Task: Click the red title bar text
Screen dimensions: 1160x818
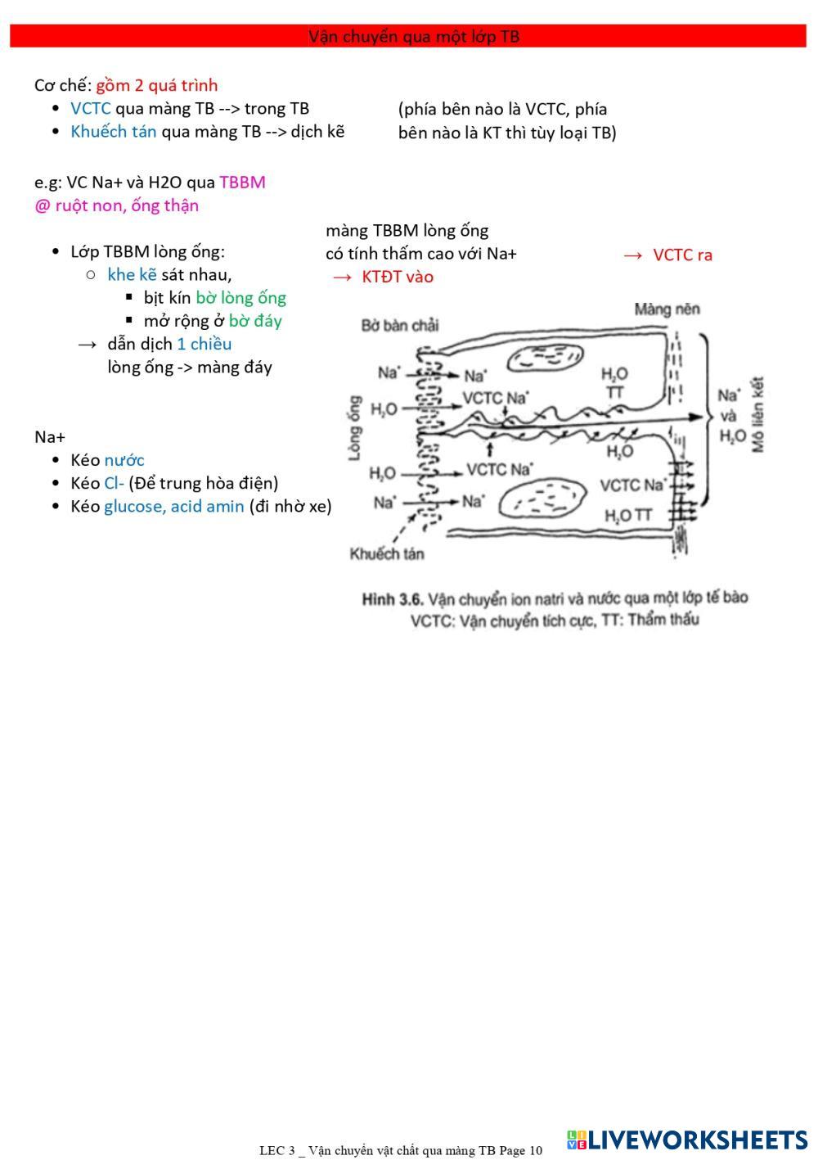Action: click(x=414, y=37)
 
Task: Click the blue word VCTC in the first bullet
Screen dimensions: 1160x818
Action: click(x=90, y=108)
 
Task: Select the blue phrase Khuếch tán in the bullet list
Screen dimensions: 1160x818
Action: click(x=113, y=131)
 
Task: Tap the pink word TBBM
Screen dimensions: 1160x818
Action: click(x=242, y=182)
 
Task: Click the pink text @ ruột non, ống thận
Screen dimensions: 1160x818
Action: click(x=116, y=205)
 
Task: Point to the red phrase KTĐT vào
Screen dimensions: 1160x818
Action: click(x=398, y=277)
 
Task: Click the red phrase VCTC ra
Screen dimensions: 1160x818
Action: click(x=682, y=255)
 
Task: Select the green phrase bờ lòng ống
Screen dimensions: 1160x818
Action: click(x=240, y=297)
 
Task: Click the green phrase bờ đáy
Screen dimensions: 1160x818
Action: click(x=255, y=320)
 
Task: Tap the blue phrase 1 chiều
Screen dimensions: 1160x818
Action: click(x=204, y=344)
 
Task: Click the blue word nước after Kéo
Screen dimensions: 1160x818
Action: click(x=124, y=460)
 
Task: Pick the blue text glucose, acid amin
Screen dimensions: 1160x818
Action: click(x=173, y=506)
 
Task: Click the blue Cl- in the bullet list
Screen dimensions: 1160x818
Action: click(x=114, y=483)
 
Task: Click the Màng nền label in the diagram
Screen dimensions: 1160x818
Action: click(x=667, y=309)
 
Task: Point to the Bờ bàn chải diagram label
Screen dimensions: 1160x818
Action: click(x=400, y=325)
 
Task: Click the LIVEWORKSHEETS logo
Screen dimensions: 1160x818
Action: click(x=686, y=1140)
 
